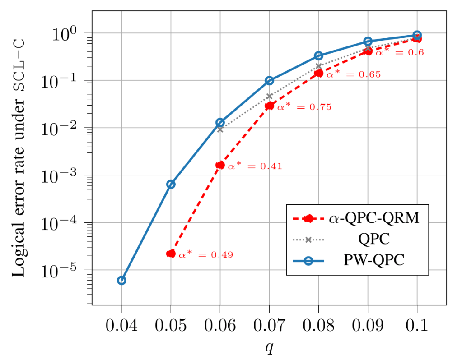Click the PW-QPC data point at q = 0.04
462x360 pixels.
[x=121, y=280]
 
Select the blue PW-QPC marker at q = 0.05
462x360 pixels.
[x=171, y=184]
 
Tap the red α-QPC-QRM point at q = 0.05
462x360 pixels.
[x=171, y=254]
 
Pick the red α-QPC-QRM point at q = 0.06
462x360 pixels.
[x=220, y=165]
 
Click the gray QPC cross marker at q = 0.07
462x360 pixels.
[x=270, y=96]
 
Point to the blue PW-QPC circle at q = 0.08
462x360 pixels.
[x=318, y=55]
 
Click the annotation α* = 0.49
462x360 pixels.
[x=206, y=255]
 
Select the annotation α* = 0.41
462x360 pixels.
[x=255, y=166]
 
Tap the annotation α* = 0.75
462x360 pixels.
[x=304, y=107]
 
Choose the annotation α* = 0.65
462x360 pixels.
[x=354, y=74]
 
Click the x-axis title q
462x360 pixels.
[x=269, y=348]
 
